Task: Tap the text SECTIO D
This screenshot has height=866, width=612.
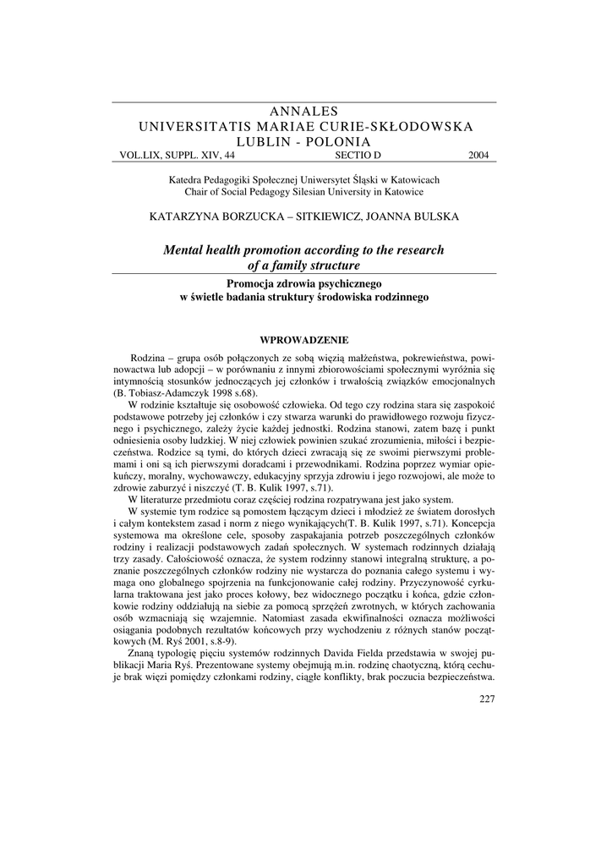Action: [x=358, y=156]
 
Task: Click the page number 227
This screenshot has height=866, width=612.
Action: [x=486, y=698]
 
